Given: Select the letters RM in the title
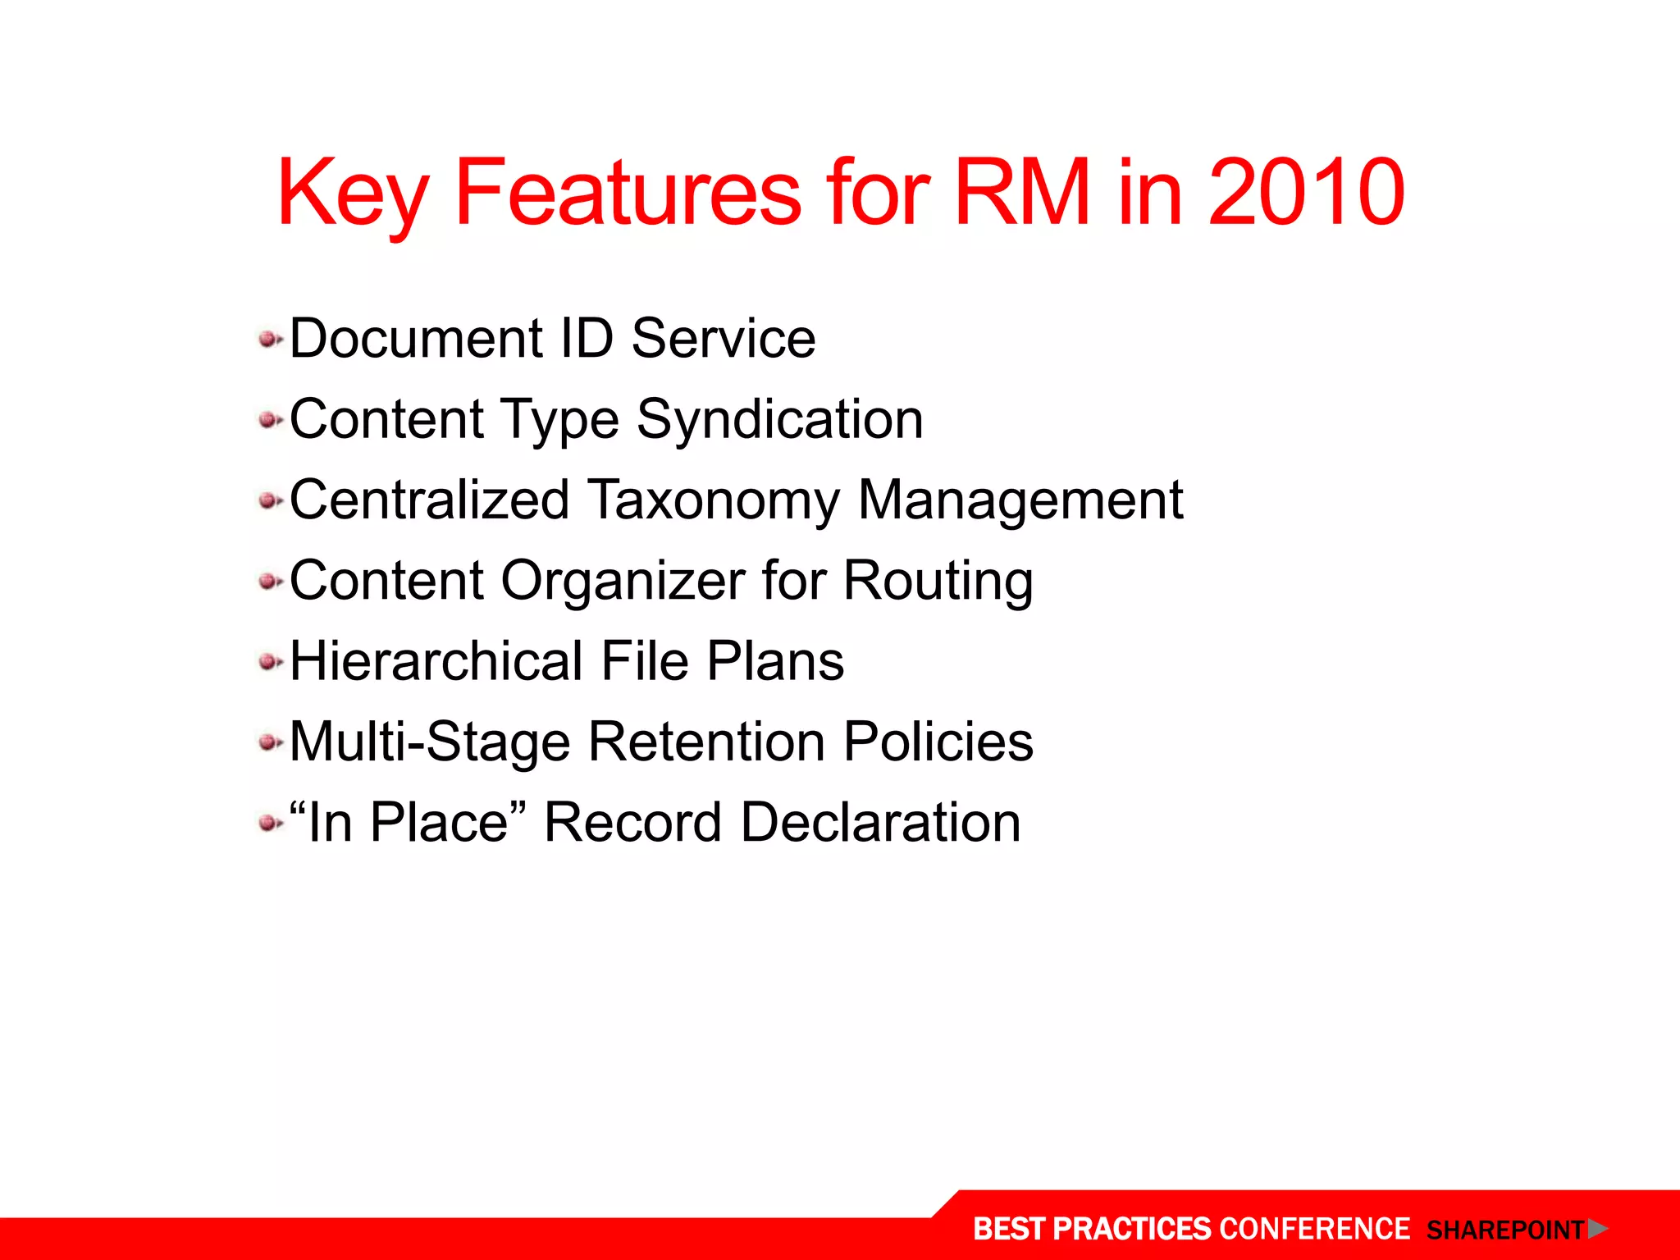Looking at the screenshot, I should click(x=1022, y=193).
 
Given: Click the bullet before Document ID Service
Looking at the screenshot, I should click(x=268, y=339).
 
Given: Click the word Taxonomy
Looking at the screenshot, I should click(x=714, y=500).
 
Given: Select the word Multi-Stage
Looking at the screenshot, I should click(x=430, y=742).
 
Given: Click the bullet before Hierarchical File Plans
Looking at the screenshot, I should click(x=268, y=661).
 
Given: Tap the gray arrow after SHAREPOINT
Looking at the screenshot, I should click(x=1597, y=1229).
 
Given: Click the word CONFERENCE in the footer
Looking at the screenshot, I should click(x=1314, y=1229).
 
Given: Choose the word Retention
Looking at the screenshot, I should click(x=706, y=742).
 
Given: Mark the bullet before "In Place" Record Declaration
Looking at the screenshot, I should click(x=268, y=822).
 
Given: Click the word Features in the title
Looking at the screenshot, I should click(x=628, y=193).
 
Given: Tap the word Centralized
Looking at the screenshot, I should click(x=429, y=500).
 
